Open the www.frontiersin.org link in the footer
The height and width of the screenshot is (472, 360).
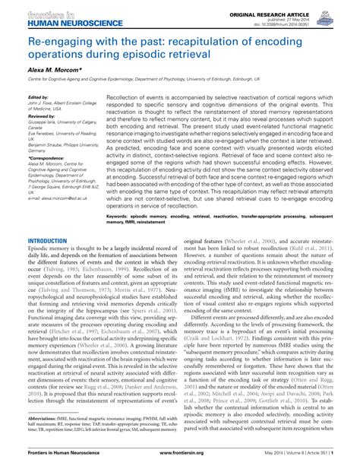180,462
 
